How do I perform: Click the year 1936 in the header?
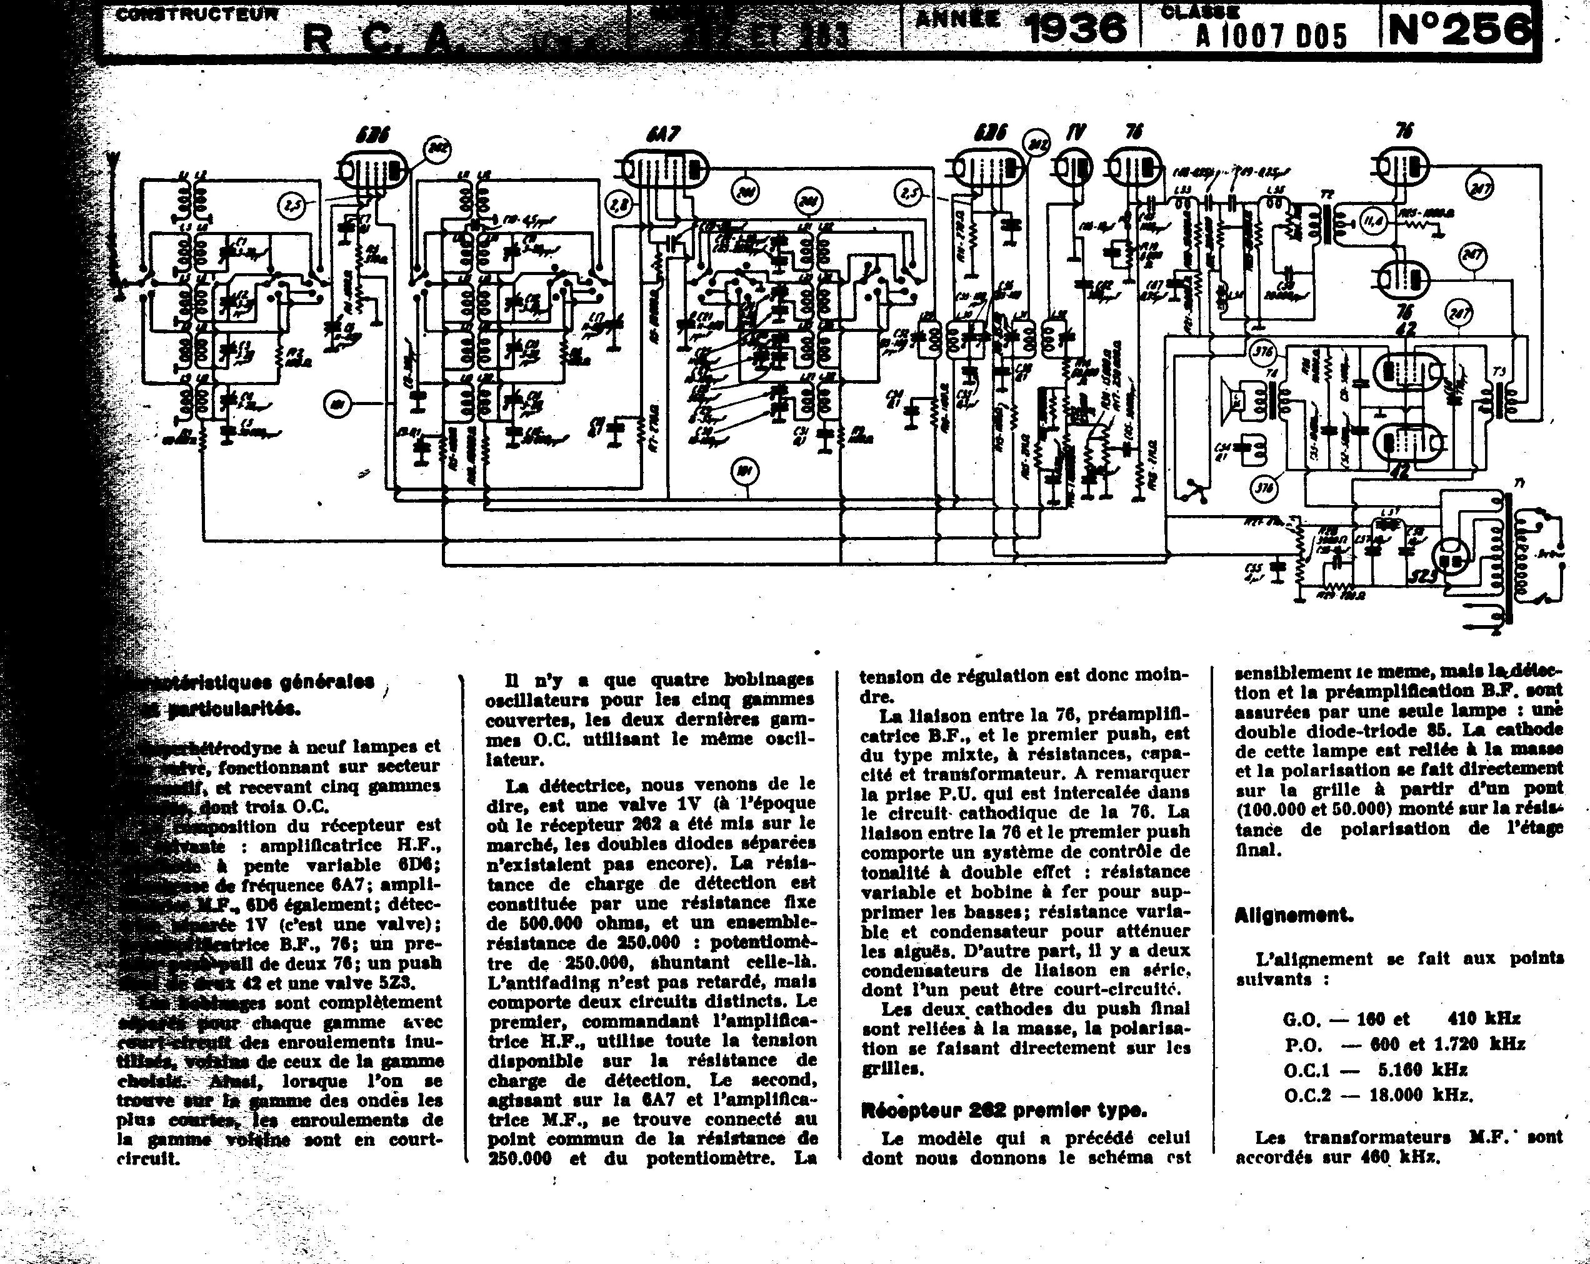(1075, 28)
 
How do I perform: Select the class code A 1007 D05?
(1271, 36)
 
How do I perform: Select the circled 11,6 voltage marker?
(1372, 221)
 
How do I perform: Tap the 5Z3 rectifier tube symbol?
(1451, 558)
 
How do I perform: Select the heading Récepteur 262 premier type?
(1004, 1109)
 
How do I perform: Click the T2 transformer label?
(1327, 194)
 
